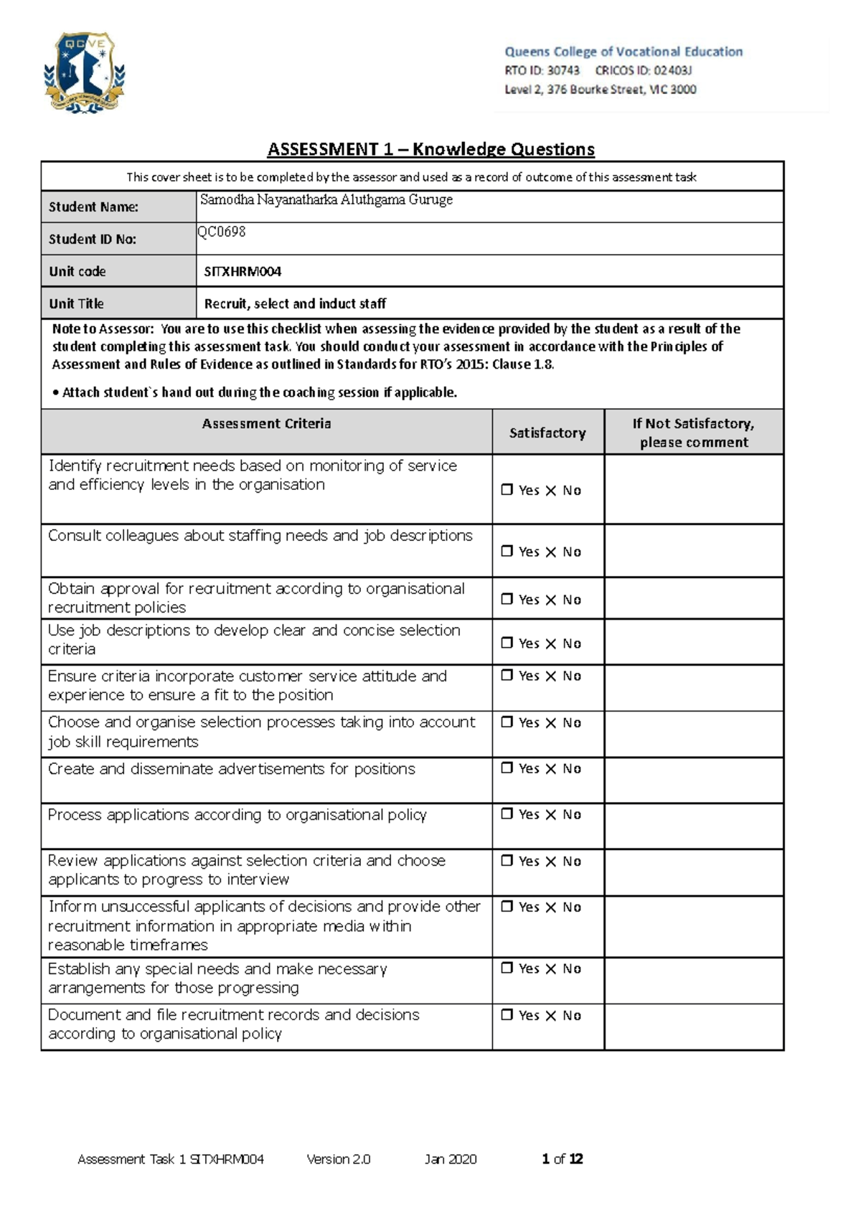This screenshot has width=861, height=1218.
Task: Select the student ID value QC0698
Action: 222,232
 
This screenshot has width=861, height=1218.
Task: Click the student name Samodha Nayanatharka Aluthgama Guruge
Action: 326,200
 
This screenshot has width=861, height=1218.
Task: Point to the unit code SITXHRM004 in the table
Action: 243,272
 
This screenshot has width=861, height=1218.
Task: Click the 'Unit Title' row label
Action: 76,303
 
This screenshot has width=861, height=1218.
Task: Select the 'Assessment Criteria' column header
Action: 266,424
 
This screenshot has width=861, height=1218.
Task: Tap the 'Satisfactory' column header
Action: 547,433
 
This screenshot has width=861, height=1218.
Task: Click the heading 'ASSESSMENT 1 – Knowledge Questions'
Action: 430,149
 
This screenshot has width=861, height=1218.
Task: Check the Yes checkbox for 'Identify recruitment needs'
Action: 507,490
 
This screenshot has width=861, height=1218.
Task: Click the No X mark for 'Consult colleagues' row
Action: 551,552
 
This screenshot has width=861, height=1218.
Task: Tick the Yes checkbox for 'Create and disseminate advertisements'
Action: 507,768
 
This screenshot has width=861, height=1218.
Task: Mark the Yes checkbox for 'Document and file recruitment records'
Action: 507,1015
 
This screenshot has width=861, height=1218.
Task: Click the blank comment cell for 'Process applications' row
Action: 693,826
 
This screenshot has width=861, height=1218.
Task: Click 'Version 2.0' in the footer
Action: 338,1159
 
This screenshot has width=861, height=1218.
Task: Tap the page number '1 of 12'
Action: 562,1159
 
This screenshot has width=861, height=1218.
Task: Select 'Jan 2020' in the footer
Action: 450,1159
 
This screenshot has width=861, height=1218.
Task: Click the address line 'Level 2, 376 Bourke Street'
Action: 600,90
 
